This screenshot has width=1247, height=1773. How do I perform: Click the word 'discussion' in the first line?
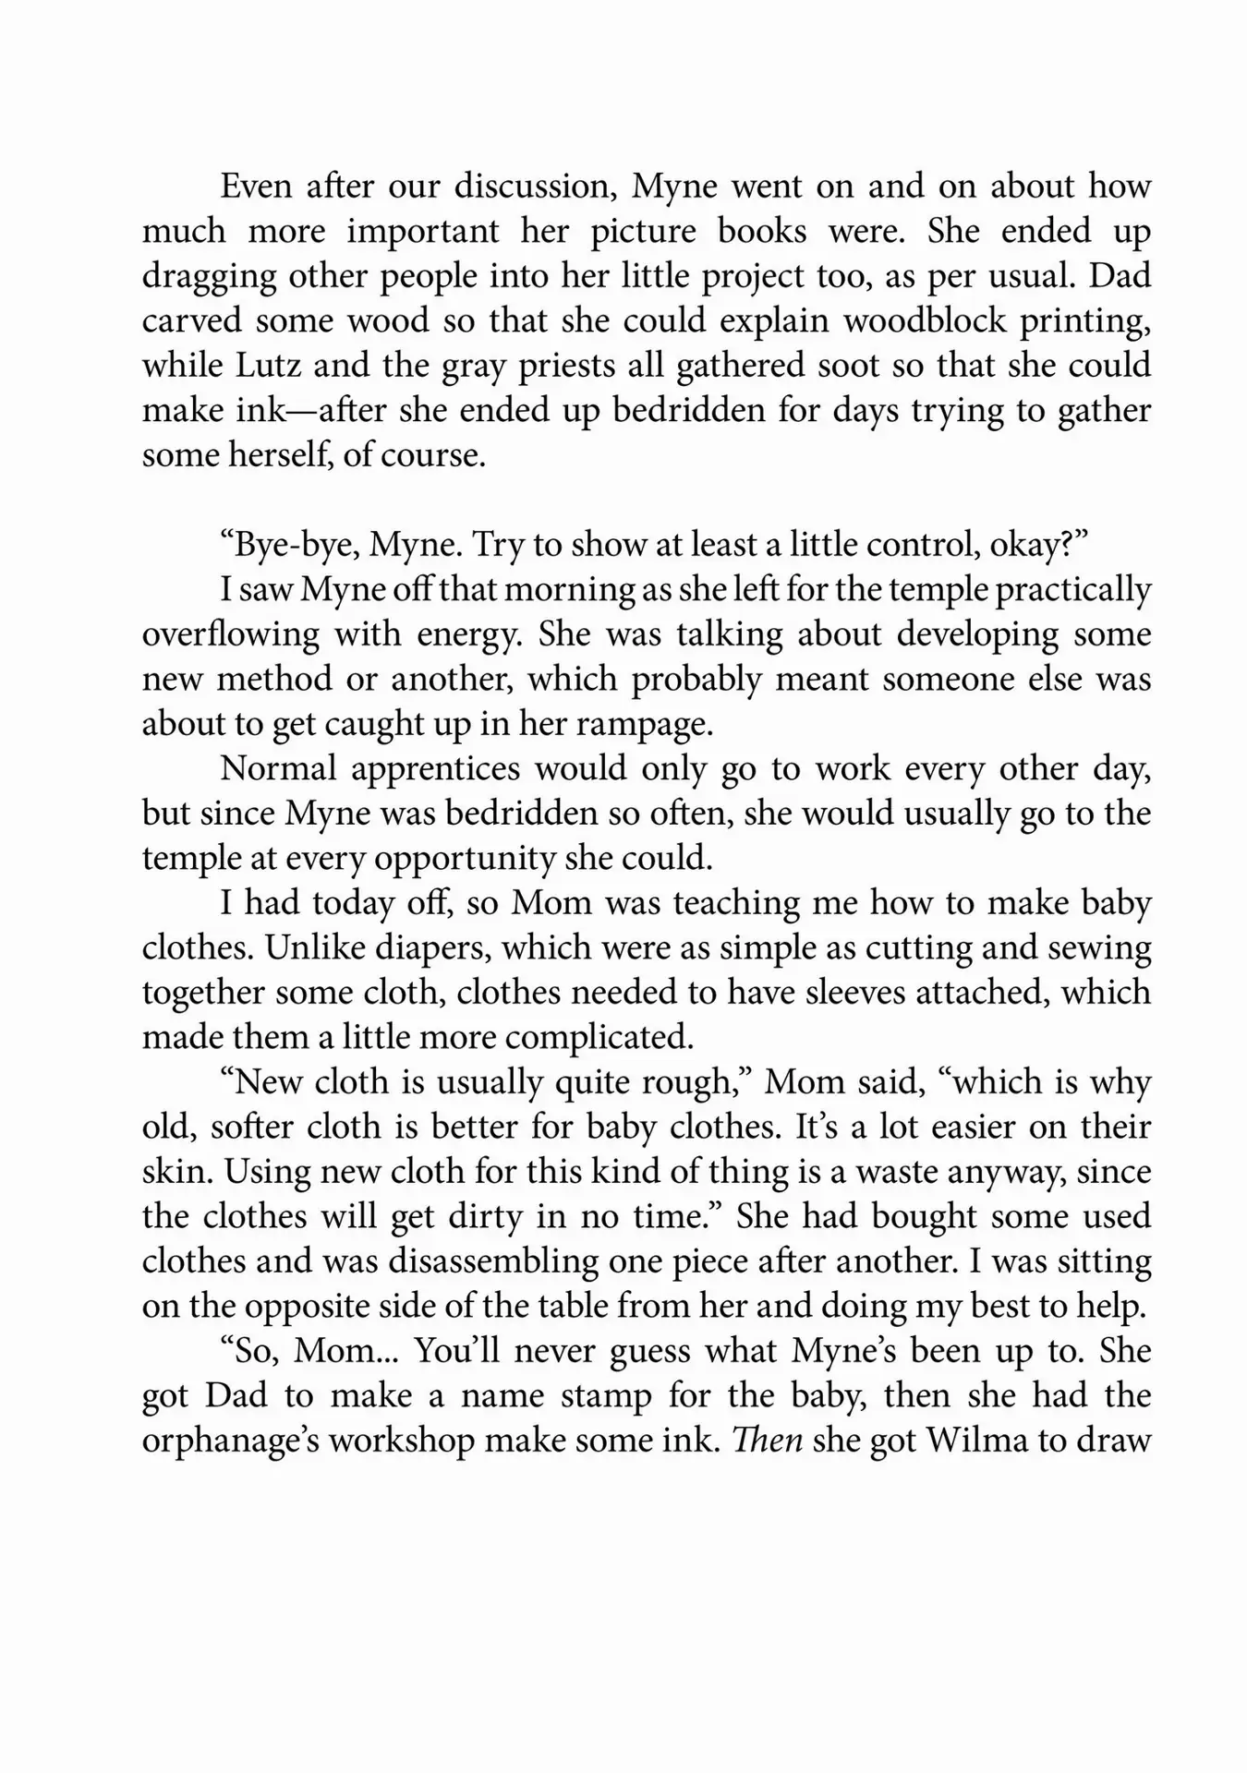tap(535, 187)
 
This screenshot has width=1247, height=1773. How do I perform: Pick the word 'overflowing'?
tap(231, 634)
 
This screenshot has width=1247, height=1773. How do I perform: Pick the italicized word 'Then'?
tap(767, 1441)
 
